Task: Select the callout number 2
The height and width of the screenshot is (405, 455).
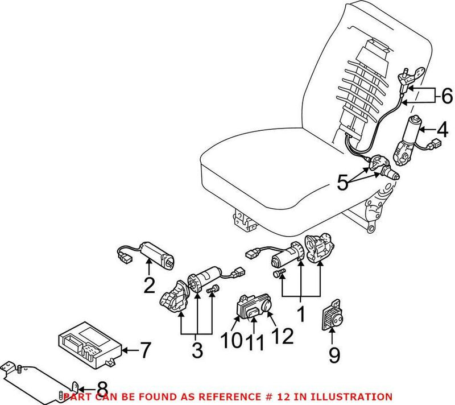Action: click(149, 284)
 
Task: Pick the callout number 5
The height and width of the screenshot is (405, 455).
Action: click(341, 183)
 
